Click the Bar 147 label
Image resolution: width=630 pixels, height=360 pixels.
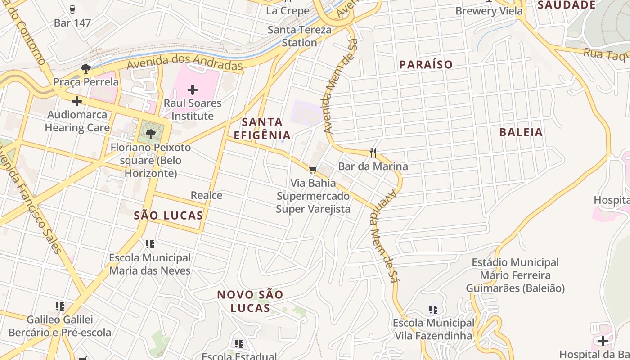72,23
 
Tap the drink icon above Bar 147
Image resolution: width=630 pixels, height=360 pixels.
72,9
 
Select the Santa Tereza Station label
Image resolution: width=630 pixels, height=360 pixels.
300,36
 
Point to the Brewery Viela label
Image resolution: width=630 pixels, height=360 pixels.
489,11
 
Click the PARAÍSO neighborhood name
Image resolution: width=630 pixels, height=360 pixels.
426,65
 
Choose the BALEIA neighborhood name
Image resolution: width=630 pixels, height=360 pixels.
521,132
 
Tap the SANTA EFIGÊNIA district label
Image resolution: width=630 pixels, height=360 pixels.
262,129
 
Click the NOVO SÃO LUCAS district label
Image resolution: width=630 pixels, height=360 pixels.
250,301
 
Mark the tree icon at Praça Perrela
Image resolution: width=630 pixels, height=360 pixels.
85,69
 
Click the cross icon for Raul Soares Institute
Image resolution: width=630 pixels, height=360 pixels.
193,90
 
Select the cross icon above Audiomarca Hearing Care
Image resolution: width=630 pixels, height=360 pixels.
77,101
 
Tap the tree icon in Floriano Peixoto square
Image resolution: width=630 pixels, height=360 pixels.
150,134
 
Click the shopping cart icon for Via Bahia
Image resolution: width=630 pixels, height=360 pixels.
313,170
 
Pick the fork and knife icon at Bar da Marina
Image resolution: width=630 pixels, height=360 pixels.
373,153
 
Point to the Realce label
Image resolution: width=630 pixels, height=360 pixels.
207,195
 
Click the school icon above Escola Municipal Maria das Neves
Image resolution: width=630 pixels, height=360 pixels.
150,244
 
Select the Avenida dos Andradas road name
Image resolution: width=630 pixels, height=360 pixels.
185,62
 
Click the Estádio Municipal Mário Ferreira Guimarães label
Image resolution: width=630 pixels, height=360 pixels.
515,275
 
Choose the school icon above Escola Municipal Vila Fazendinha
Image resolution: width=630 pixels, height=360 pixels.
433,310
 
